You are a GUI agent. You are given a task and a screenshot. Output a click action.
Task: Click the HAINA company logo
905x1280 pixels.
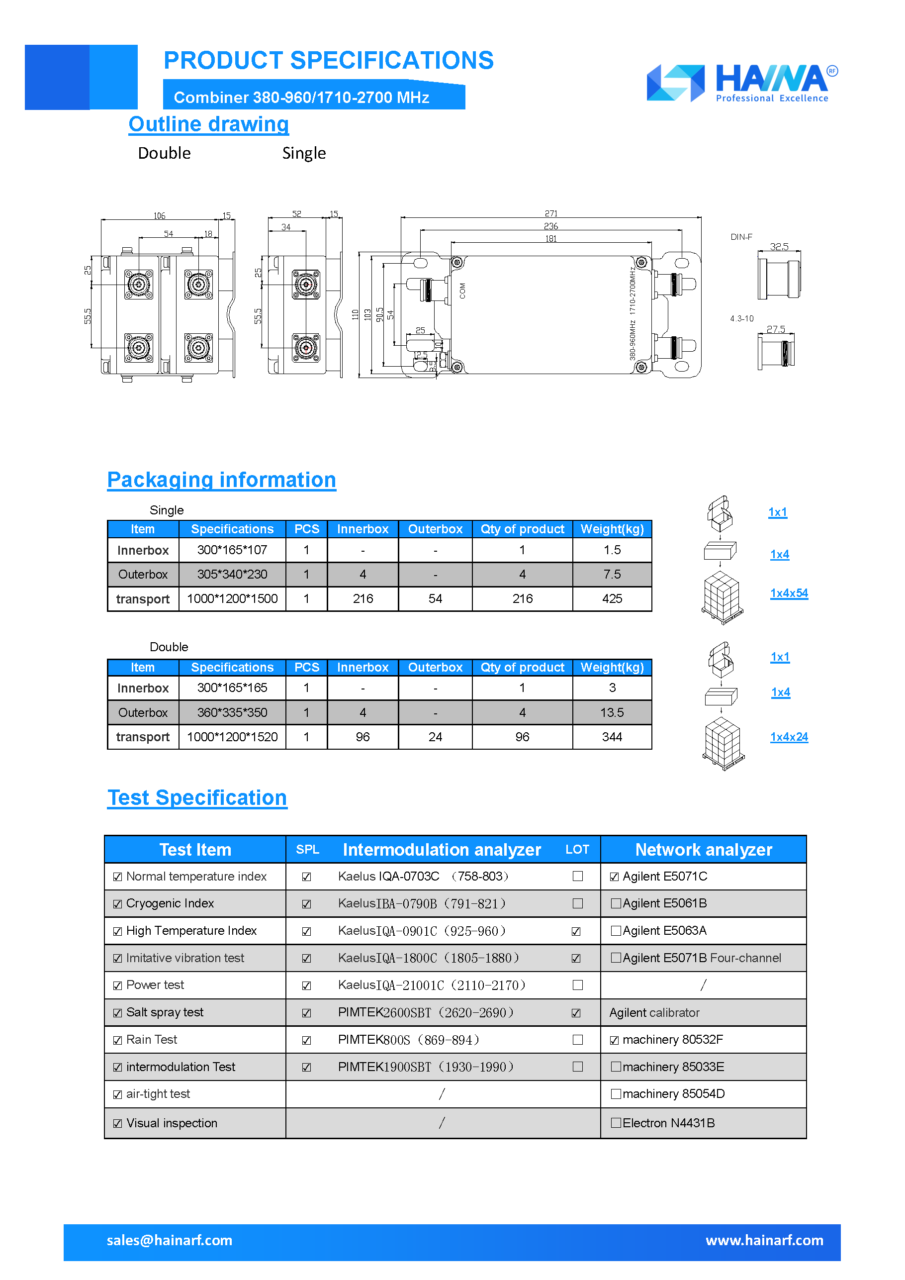pyautogui.click(x=742, y=83)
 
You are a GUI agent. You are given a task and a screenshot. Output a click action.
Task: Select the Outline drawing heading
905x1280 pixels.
pyautogui.click(x=208, y=124)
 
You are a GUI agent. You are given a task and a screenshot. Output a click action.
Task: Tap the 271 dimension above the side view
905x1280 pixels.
pyautogui.click(x=550, y=213)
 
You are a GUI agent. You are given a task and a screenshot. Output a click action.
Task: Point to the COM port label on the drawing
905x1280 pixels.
pyautogui.click(x=462, y=291)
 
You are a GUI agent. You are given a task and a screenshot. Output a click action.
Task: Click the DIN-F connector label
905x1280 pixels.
pyautogui.click(x=741, y=237)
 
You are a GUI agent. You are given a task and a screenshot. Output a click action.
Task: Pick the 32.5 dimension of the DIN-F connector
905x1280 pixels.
pyautogui.click(x=779, y=246)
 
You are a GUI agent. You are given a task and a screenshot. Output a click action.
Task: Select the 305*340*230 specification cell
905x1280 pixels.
pyautogui.click(x=232, y=574)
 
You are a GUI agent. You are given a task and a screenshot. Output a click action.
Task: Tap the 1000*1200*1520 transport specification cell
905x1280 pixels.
pyautogui.click(x=232, y=737)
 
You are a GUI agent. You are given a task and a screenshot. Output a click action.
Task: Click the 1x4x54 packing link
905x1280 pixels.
pyautogui.click(x=789, y=593)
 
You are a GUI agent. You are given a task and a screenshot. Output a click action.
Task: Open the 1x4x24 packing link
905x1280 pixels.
pyautogui.click(x=789, y=737)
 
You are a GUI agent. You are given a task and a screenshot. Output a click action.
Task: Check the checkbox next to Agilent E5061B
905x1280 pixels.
pyautogui.click(x=615, y=904)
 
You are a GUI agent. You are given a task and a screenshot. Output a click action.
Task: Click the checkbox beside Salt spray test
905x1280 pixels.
pyautogui.click(x=117, y=1013)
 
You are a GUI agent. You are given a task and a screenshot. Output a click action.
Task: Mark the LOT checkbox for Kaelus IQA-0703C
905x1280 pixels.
pyautogui.click(x=577, y=877)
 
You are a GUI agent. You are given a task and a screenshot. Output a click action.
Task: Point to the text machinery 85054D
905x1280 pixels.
pyautogui.click(x=673, y=1094)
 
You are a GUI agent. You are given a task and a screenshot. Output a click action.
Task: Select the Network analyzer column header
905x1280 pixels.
pyautogui.click(x=703, y=850)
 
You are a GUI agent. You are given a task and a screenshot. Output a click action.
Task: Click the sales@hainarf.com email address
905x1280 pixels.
pyautogui.click(x=170, y=1240)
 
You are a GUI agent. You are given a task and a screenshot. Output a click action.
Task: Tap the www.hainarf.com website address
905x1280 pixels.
pyautogui.click(x=764, y=1240)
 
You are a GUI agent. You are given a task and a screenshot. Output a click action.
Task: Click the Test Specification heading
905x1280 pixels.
pyautogui.click(x=197, y=798)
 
